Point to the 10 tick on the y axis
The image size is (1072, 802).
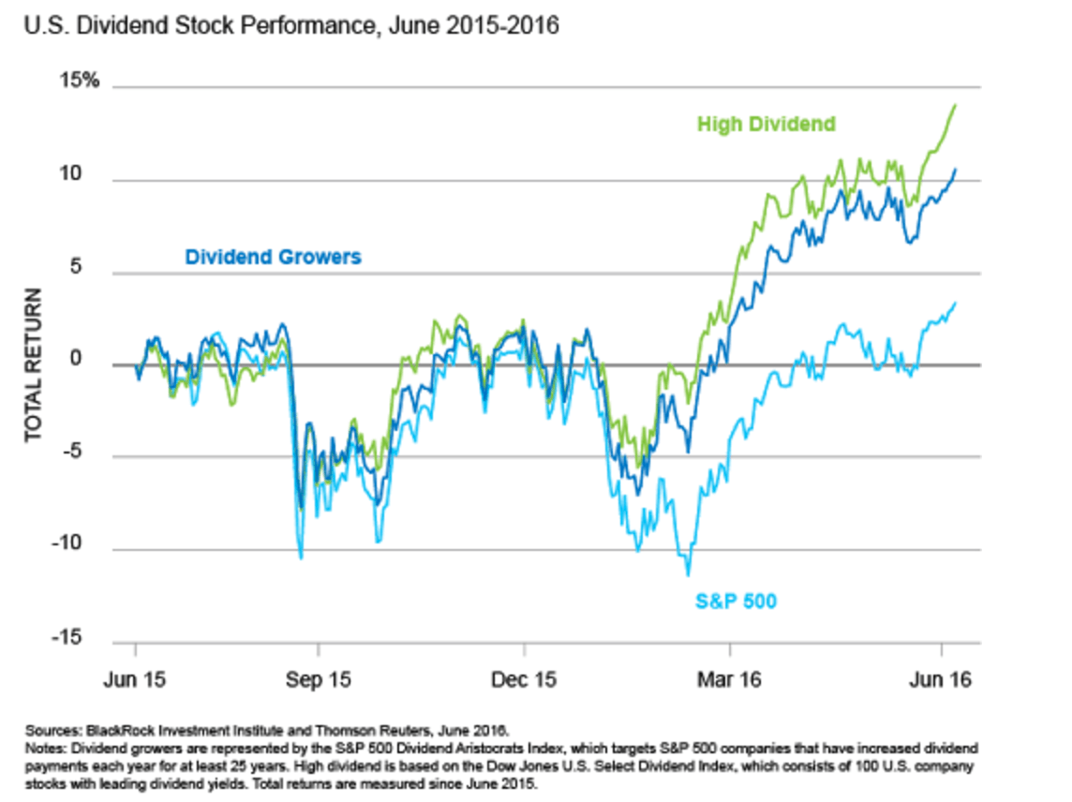(x=87, y=174)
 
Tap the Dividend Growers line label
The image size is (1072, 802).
(x=273, y=256)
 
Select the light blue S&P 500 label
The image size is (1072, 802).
(x=736, y=600)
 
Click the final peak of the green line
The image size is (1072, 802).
(x=954, y=105)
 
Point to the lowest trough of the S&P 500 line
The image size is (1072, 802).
(x=688, y=574)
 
